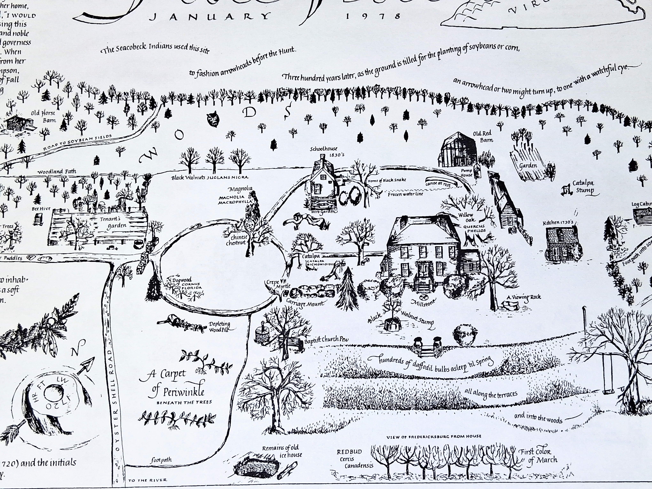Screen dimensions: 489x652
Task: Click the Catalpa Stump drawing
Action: [566, 191]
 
